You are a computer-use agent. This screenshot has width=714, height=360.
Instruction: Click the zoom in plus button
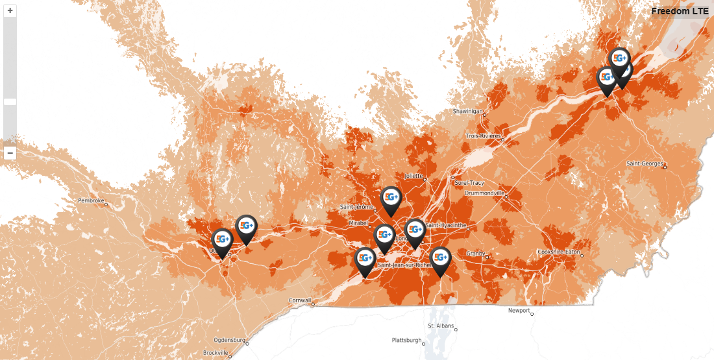pyautogui.click(x=10, y=10)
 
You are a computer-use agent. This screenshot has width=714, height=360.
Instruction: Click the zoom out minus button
pyautogui.click(x=10, y=153)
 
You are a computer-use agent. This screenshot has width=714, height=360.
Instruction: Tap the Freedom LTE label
pyautogui.click(x=680, y=11)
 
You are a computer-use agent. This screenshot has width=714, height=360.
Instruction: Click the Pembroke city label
pyautogui.click(x=91, y=200)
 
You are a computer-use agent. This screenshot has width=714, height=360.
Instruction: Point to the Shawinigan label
pyautogui.click(x=468, y=111)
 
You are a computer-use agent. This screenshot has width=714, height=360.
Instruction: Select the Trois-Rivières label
pyautogui.click(x=484, y=136)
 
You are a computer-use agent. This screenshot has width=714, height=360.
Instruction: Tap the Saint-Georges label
pyautogui.click(x=645, y=163)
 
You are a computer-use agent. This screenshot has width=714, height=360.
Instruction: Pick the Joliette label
pyautogui.click(x=413, y=175)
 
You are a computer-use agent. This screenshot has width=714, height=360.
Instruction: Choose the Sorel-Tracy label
pyautogui.click(x=470, y=182)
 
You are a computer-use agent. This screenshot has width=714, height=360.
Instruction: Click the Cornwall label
pyautogui.click(x=301, y=300)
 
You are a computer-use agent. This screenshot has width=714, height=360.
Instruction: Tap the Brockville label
pyautogui.click(x=215, y=353)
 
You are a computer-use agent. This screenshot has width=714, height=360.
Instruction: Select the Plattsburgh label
pyautogui.click(x=407, y=340)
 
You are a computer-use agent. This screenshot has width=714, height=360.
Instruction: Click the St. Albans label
pyautogui.click(x=439, y=325)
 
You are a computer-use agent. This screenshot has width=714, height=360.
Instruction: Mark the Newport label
pyautogui.click(x=519, y=310)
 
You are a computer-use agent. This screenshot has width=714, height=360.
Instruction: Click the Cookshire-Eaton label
pyautogui.click(x=559, y=252)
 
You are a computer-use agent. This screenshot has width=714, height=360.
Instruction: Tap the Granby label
pyautogui.click(x=475, y=252)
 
